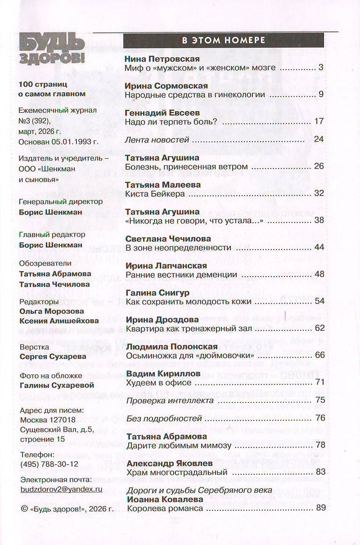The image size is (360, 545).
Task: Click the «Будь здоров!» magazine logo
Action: (52, 48)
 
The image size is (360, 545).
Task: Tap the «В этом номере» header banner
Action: (223, 40)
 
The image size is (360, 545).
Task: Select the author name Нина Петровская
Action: (162, 59)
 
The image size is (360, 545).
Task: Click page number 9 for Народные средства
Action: (321, 94)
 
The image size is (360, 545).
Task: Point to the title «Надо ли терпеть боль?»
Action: (171, 121)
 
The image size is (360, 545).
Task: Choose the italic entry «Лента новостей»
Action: (157, 139)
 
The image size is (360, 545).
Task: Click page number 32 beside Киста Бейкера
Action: (319, 193)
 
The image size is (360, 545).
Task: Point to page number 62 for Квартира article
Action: (319, 328)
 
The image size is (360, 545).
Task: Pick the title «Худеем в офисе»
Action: (159, 382)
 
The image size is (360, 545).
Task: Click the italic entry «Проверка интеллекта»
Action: (170, 400)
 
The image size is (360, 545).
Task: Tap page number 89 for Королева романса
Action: (320, 508)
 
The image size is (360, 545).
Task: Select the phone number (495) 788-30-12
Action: (49, 463)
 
